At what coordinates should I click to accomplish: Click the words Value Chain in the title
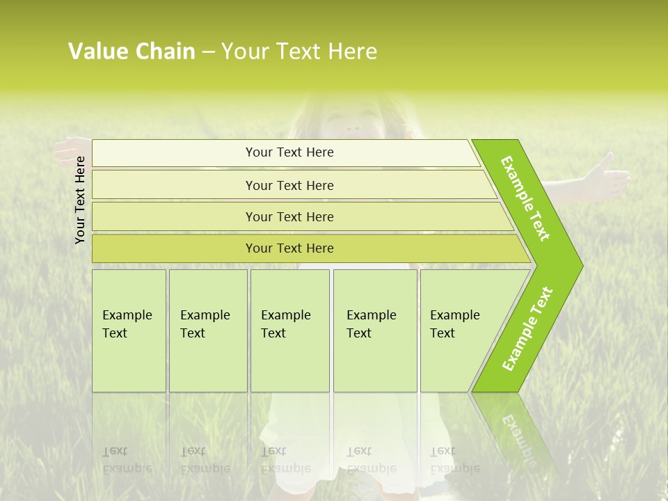132,51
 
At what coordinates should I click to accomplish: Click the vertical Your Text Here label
81,200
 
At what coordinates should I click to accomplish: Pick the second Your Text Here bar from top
289,185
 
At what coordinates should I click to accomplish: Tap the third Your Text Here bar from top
289,216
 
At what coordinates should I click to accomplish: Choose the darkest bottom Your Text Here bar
289,248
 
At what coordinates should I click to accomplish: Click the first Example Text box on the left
129,331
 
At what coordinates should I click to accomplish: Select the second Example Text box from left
208,331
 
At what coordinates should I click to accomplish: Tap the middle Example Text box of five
289,331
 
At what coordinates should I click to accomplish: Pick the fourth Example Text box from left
375,331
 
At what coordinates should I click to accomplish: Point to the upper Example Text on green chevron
525,198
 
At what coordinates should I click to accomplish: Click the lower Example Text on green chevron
527,328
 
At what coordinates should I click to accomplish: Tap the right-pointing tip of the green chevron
579,265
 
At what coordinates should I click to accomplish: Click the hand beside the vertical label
70,149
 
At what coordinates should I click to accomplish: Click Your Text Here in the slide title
299,51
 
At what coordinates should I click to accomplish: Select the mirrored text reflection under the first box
127,460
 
